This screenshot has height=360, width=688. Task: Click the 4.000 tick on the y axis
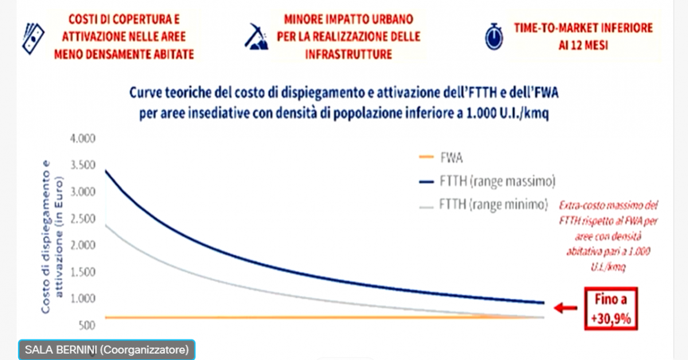(83, 139)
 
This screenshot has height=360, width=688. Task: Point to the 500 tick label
(87, 325)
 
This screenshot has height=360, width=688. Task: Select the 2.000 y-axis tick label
(83, 245)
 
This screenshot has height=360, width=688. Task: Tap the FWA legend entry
(441, 158)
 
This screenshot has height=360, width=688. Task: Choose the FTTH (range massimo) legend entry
(487, 181)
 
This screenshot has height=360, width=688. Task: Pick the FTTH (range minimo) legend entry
(483, 205)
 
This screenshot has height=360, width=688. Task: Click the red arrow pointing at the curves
(565, 307)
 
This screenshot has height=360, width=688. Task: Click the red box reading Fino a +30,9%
(611, 309)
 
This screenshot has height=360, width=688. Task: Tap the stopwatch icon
(494, 37)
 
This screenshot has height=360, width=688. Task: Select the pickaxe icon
(257, 37)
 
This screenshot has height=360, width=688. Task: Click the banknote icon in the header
(33, 38)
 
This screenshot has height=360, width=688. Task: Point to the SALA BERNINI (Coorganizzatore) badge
(107, 350)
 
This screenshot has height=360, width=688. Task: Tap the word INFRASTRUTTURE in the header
(349, 54)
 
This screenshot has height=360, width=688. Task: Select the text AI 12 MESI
(583, 45)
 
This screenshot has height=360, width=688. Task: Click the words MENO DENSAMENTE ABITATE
(124, 54)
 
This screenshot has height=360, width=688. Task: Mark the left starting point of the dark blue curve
(105, 170)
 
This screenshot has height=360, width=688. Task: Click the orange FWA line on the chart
(325, 317)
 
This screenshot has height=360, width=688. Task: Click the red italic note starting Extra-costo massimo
(608, 236)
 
